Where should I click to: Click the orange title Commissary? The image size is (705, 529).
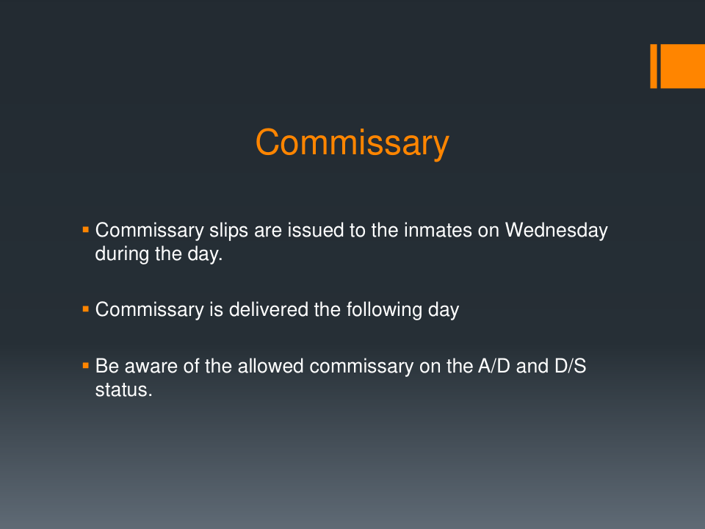click(x=352, y=143)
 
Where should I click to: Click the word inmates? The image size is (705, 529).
click(x=438, y=230)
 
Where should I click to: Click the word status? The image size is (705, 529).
click(x=123, y=390)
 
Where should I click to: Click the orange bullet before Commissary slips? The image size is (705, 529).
click(x=86, y=230)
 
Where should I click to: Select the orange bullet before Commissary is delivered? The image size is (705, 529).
click(x=86, y=309)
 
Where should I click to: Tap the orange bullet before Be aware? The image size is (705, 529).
click(x=86, y=366)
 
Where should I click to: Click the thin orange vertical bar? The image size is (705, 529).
click(x=654, y=66)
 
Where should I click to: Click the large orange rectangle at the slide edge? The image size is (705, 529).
click(x=682, y=66)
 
